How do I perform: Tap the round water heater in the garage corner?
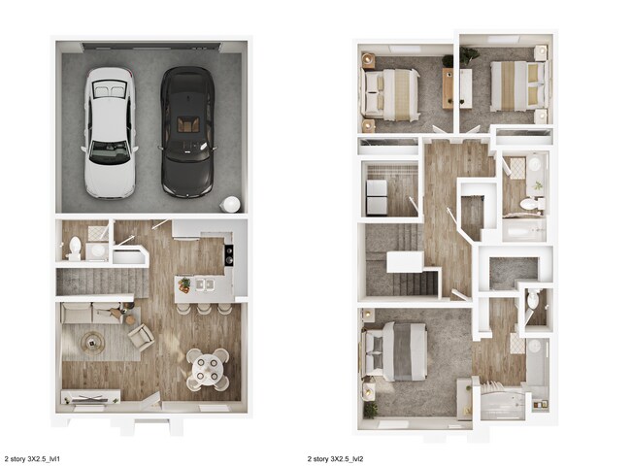click(231, 205)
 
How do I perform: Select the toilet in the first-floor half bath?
click(76, 247)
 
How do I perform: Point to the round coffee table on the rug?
click(94, 341)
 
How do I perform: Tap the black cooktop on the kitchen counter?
click(229, 255)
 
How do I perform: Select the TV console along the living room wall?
click(91, 396)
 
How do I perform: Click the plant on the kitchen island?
click(183, 284)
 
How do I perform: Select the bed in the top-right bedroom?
click(511, 86)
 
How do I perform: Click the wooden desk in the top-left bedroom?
click(448, 88)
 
